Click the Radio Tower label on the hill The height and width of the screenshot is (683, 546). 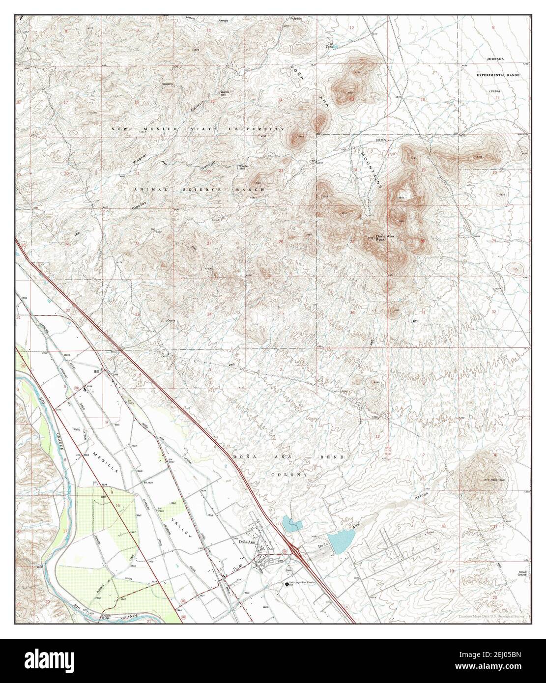click(x=484, y=480)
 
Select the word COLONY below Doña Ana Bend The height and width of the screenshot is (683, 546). click(x=289, y=475)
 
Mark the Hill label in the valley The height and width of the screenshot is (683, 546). click(x=97, y=371)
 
